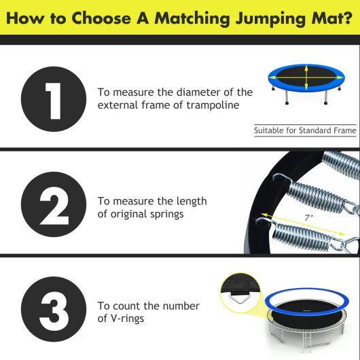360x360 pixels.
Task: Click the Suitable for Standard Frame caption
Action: [x=305, y=130]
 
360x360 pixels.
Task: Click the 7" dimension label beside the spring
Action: [x=308, y=217]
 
